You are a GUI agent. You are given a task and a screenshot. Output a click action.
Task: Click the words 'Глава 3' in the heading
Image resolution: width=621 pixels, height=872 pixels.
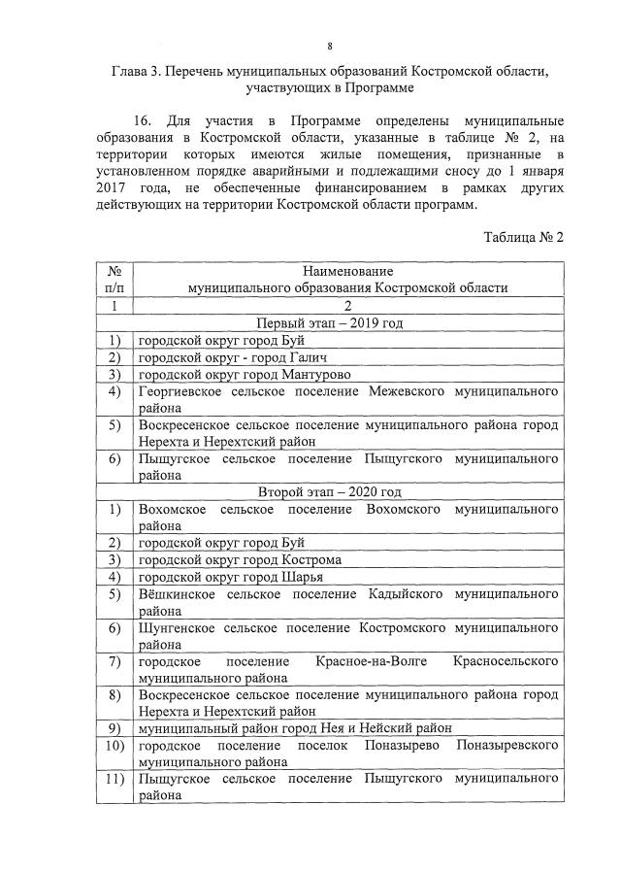coord(138,72)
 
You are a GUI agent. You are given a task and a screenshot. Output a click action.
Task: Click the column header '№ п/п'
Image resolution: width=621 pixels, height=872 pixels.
coord(114,280)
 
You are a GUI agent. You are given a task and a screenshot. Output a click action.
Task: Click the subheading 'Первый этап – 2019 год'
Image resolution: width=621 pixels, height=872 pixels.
coord(328,322)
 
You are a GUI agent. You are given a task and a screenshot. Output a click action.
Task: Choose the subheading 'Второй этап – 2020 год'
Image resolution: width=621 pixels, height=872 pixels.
coord(328,492)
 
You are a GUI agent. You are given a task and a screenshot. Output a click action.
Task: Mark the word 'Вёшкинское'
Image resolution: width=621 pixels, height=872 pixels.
coord(176,594)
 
